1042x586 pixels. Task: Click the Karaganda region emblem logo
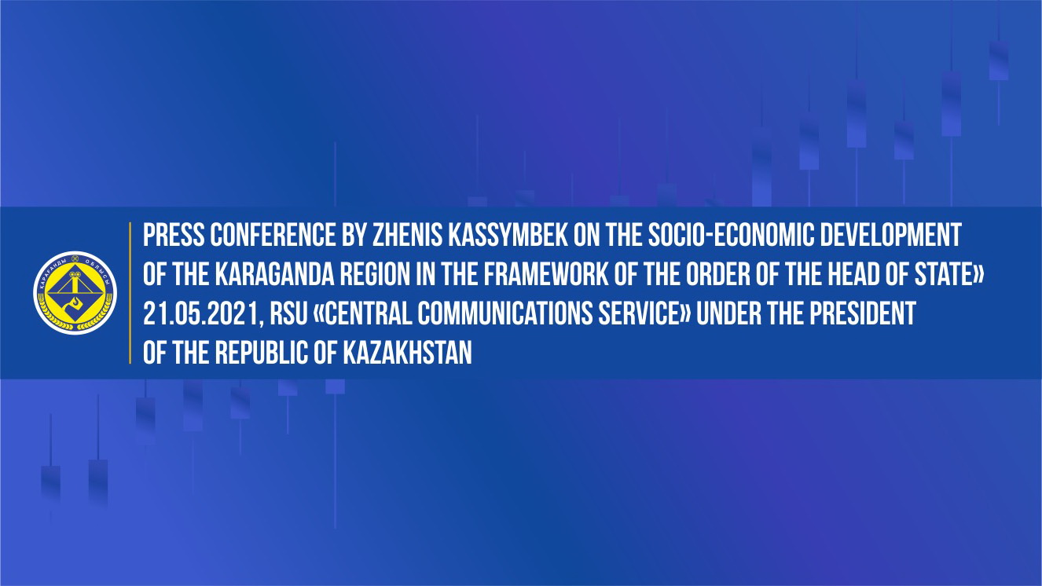[x=75, y=293]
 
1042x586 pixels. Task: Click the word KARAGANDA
[x=274, y=274]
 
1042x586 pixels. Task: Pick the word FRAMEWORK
[x=546, y=274]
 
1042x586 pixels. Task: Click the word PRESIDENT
[x=863, y=313]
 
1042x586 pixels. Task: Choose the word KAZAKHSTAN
[x=408, y=353]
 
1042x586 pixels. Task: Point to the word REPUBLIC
[x=262, y=353]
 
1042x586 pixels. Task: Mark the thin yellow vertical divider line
[x=130, y=293]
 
